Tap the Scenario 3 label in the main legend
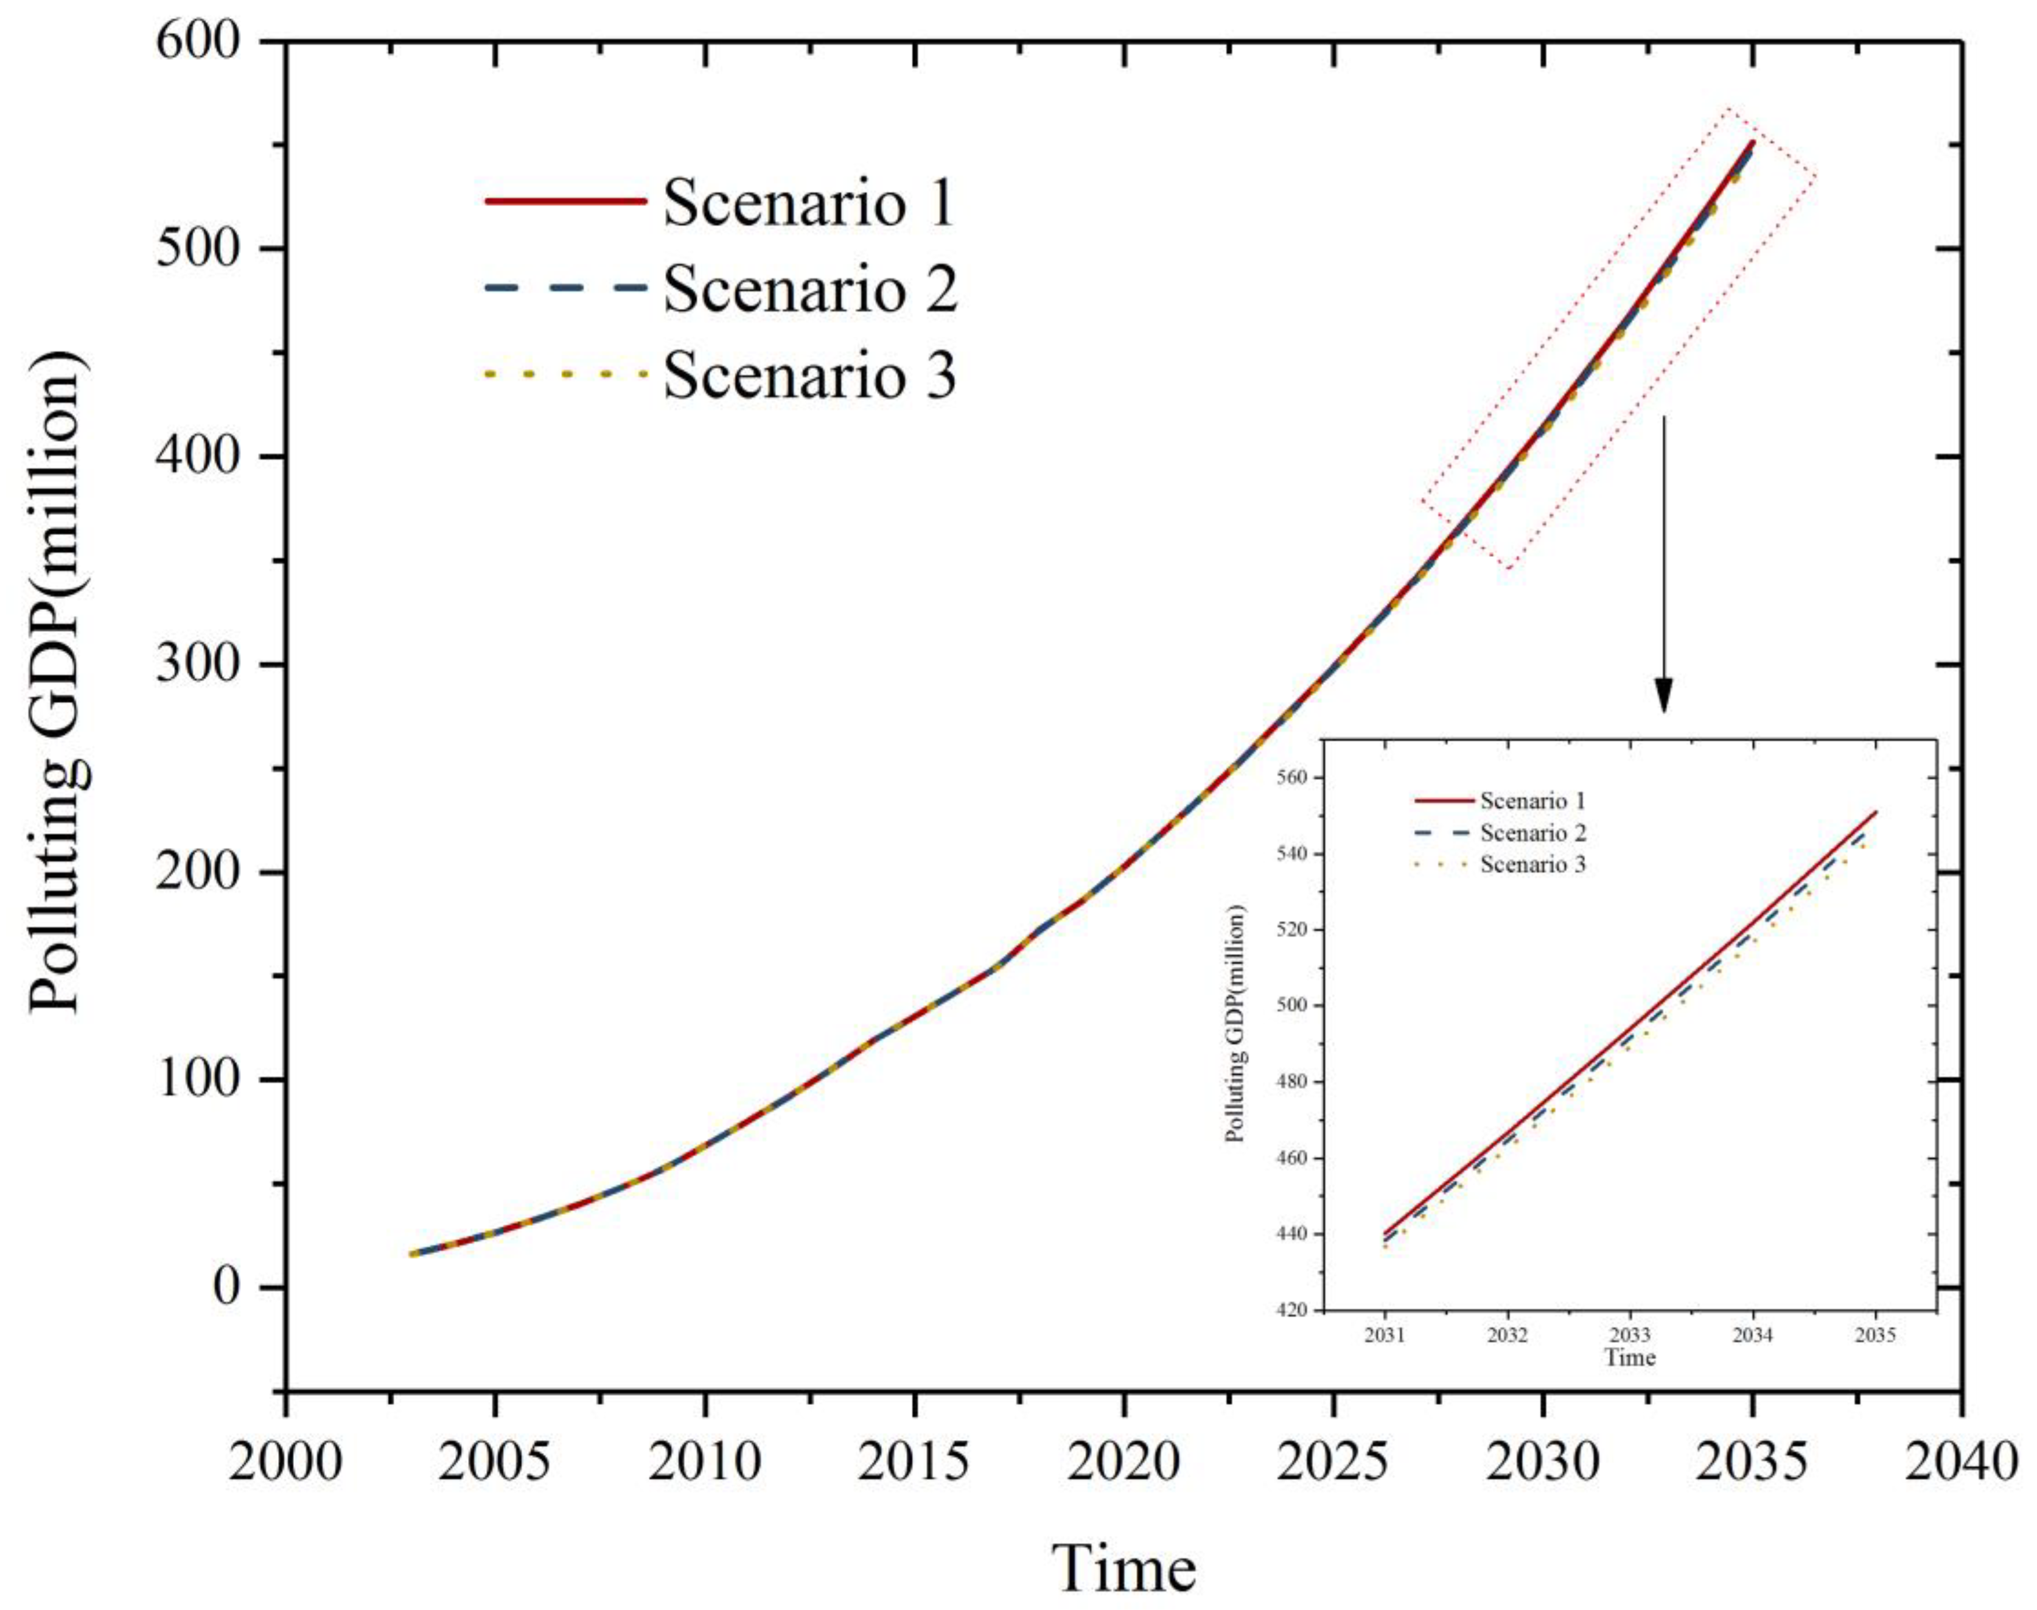point(809,374)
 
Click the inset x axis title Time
point(1630,1357)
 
